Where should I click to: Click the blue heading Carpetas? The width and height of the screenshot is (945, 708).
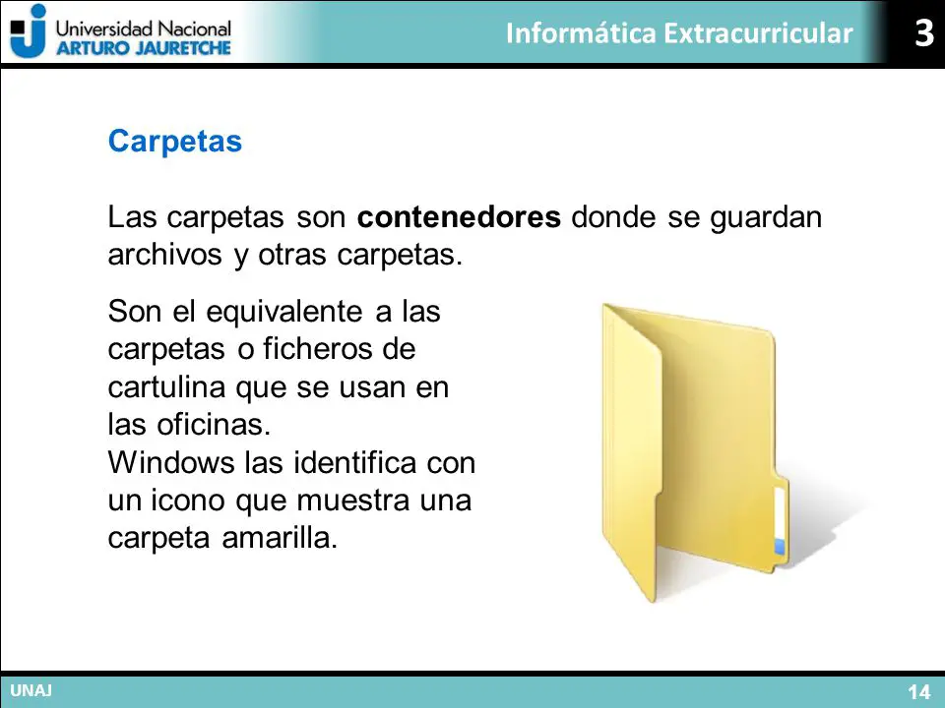(x=175, y=142)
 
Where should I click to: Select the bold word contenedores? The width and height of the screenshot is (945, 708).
(x=459, y=216)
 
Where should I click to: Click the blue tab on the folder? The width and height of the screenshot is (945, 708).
(x=780, y=547)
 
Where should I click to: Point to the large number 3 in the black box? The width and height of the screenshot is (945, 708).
(x=924, y=32)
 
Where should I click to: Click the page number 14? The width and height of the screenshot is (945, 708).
(x=919, y=691)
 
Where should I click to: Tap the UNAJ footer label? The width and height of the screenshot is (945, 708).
(x=31, y=690)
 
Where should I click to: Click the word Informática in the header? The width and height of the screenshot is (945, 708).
(x=581, y=32)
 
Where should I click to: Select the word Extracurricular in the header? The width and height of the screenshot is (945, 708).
(x=759, y=32)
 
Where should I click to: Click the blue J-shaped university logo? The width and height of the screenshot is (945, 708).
(x=29, y=31)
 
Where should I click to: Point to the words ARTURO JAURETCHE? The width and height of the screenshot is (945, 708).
(x=144, y=48)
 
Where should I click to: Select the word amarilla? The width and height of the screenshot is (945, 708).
(x=280, y=538)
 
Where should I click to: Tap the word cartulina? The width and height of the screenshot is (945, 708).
(x=167, y=386)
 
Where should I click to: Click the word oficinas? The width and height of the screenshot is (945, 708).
(x=214, y=425)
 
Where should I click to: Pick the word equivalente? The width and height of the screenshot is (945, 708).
(x=284, y=312)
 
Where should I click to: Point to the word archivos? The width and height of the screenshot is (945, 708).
(x=164, y=255)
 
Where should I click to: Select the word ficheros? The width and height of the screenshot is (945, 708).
(x=318, y=349)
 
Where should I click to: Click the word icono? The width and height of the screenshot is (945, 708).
(x=187, y=501)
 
